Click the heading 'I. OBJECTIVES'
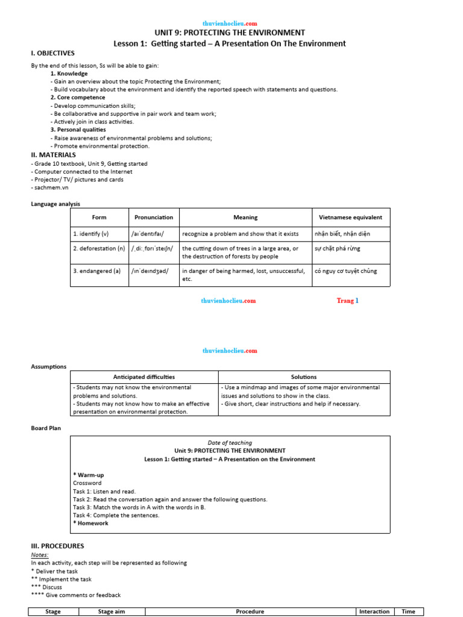[52, 53]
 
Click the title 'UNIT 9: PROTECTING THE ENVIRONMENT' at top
[230, 33]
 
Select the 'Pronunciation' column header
[153, 217]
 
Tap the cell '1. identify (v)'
[91, 234]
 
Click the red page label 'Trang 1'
[347, 301]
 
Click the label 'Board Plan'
[46, 428]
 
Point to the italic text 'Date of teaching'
[229, 443]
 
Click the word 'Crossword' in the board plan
[87, 483]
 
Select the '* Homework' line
[90, 524]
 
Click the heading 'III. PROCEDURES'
[58, 546]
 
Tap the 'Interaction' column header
[374, 612]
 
